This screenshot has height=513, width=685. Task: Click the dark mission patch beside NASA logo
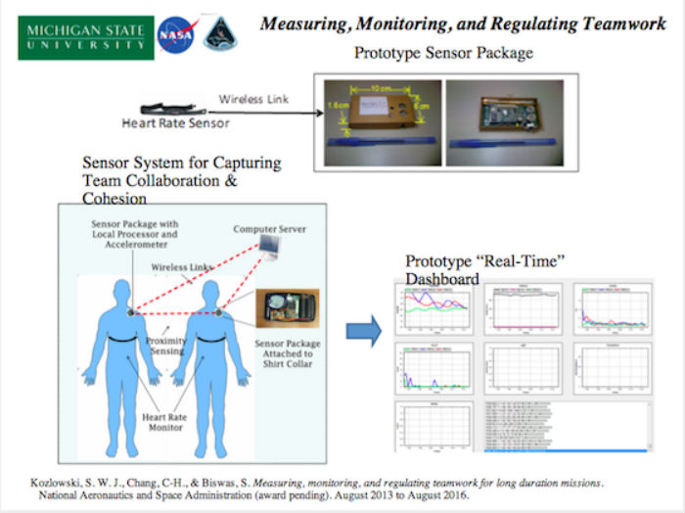(220, 32)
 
